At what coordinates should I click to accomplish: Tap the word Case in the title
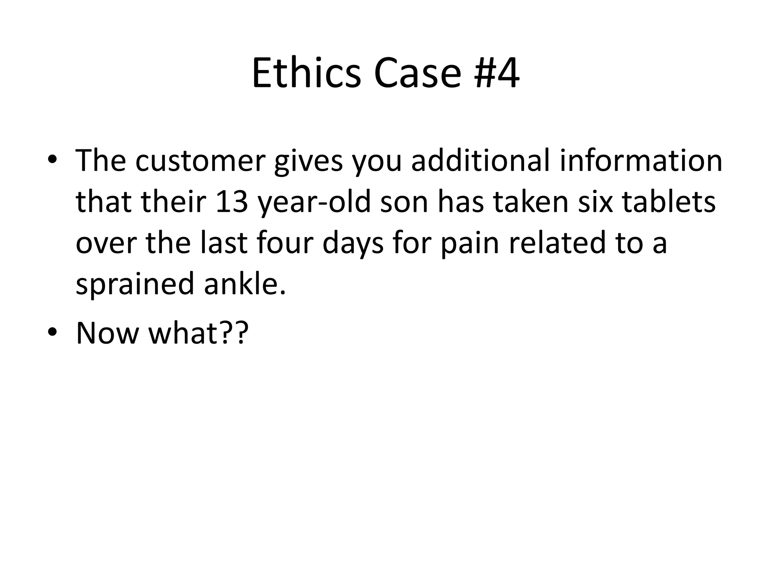click(x=417, y=73)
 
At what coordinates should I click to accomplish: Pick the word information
click(x=641, y=161)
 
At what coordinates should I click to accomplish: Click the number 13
click(x=232, y=202)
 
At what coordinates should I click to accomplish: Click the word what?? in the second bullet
click(x=199, y=333)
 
